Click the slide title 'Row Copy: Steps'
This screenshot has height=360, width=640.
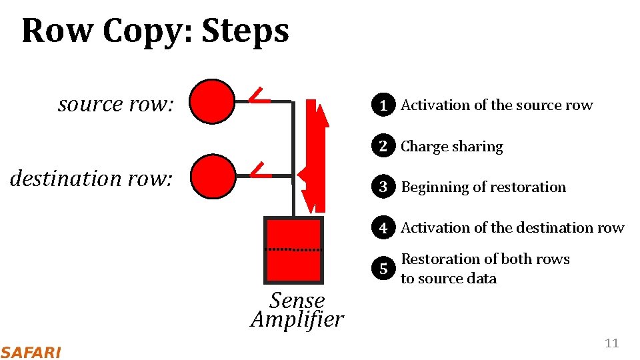[155, 31]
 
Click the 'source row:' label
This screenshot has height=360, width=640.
[115, 104]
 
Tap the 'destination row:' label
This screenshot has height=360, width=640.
[91, 178]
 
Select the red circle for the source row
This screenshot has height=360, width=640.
[211, 101]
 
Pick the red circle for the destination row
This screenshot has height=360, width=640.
[212, 176]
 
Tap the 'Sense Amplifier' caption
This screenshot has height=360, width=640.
[297, 310]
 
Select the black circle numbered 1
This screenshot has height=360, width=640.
[383, 105]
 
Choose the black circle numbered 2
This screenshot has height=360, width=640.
[383, 147]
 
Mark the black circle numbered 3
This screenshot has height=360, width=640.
[383, 187]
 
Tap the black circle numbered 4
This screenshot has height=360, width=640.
[383, 228]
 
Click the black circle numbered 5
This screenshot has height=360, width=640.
[383, 269]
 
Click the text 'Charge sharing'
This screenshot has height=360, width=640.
[451, 147]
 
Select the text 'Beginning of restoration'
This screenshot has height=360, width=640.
[483, 187]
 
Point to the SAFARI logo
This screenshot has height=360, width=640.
[30, 352]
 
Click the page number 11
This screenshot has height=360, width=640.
[611, 343]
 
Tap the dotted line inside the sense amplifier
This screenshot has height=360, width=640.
[293, 249]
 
